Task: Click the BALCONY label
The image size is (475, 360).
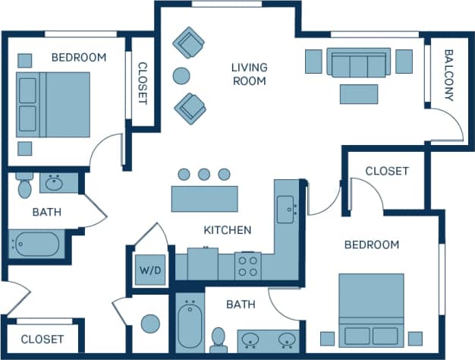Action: pyautogui.click(x=448, y=75)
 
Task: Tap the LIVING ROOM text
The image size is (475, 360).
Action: pyautogui.click(x=250, y=74)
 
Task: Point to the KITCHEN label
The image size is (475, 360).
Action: pyautogui.click(x=227, y=230)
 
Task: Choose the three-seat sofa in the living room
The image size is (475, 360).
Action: pyautogui.click(x=359, y=62)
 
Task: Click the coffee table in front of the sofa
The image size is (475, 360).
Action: pyautogui.click(x=359, y=93)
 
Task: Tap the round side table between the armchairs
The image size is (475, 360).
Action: pyautogui.click(x=181, y=75)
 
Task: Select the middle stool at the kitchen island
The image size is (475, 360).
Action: pyautogui.click(x=204, y=174)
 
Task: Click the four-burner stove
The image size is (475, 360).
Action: pyautogui.click(x=247, y=266)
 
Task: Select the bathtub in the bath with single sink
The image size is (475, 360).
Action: pyautogui.click(x=35, y=245)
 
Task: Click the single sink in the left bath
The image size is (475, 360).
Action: pyautogui.click(x=54, y=183)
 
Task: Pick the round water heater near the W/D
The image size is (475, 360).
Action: pyautogui.click(x=150, y=323)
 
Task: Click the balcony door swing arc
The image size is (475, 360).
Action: pyautogui.click(x=448, y=125)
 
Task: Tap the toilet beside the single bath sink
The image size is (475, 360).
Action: pyautogui.click(x=24, y=185)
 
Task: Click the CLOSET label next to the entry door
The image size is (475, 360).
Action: pyautogui.click(x=42, y=339)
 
